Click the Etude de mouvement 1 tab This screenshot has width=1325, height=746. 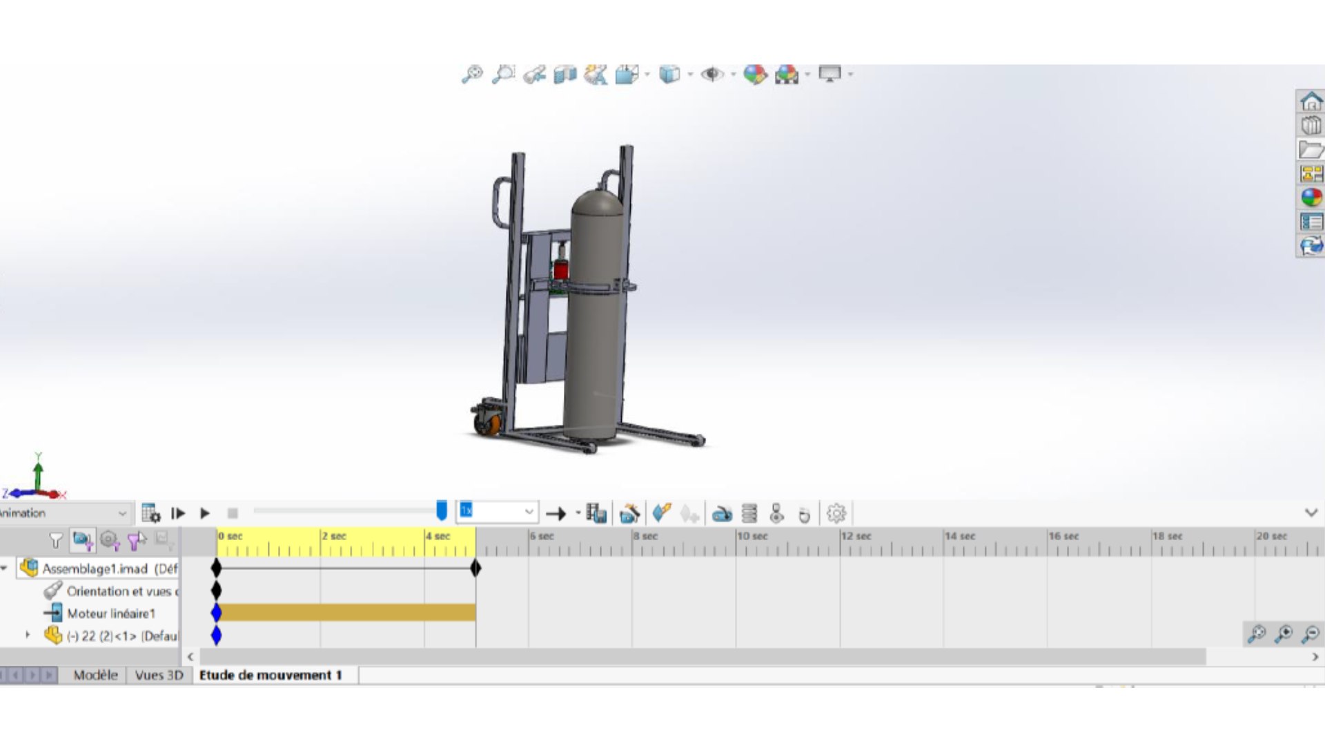(x=271, y=675)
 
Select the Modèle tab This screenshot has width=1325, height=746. (x=95, y=675)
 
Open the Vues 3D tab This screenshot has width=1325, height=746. (x=159, y=675)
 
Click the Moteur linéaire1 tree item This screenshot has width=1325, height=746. (x=110, y=613)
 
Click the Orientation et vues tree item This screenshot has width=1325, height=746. (x=118, y=591)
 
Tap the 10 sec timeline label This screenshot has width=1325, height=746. (x=752, y=536)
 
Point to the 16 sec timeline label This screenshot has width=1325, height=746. (x=1063, y=536)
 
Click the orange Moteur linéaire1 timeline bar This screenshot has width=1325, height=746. (x=345, y=613)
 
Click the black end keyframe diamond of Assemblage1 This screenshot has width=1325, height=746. (x=475, y=568)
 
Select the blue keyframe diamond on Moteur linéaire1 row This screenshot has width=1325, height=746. (x=217, y=613)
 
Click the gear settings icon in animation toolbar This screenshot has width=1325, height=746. (x=836, y=513)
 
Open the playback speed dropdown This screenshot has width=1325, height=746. (x=529, y=512)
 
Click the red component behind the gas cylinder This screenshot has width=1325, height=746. (x=561, y=268)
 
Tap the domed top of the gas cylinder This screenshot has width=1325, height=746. (x=598, y=201)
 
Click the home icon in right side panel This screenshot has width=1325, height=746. (x=1311, y=102)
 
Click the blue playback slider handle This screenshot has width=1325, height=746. (x=442, y=510)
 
